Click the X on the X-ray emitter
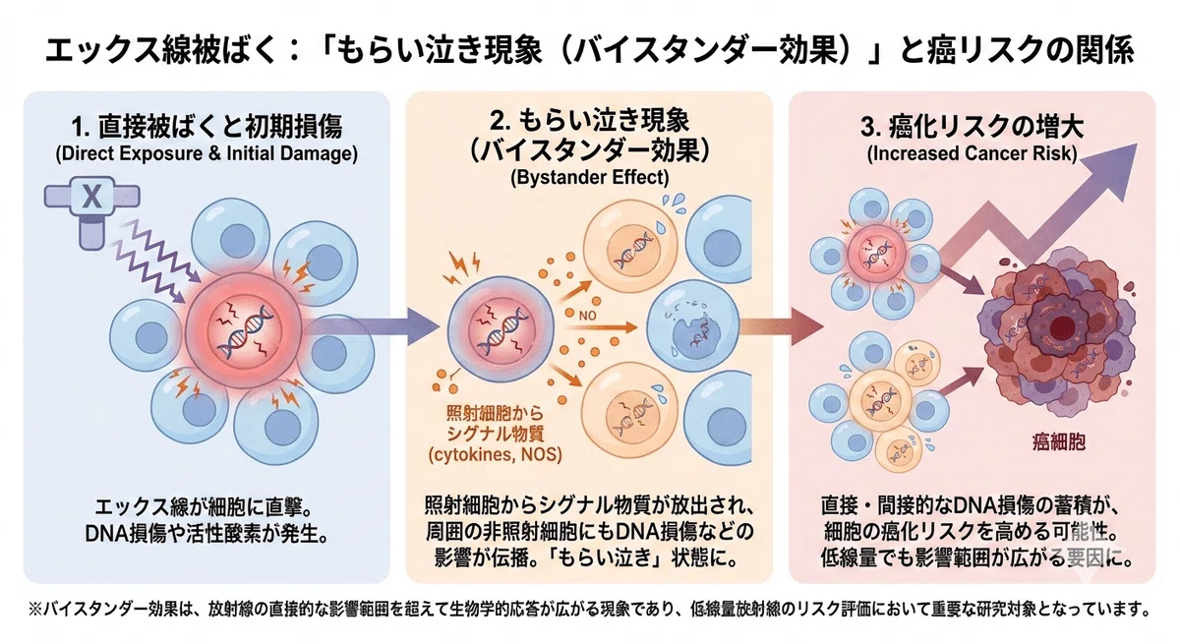pyautogui.click(x=91, y=197)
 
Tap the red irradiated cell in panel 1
pyautogui.click(x=246, y=330)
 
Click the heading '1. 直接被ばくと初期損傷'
pyautogui.click(x=207, y=127)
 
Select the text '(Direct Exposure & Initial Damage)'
pyautogui.click(x=206, y=153)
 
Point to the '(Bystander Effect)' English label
pyautogui.click(x=589, y=177)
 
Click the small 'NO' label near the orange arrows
pyautogui.click(x=587, y=316)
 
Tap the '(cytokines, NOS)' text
pyautogui.click(x=496, y=454)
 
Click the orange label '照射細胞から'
pyautogui.click(x=494, y=412)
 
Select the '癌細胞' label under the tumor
pyautogui.click(x=1059, y=441)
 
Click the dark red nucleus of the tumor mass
pyautogui.click(x=1061, y=328)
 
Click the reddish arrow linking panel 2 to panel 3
pyautogui.click(x=781, y=327)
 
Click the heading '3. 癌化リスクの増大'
pyautogui.click(x=973, y=127)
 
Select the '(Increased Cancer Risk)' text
pyautogui.click(x=973, y=153)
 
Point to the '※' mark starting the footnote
pyautogui.click(x=34, y=610)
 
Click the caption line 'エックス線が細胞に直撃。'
pyautogui.click(x=205, y=507)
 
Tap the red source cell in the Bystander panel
pyautogui.click(x=501, y=329)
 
